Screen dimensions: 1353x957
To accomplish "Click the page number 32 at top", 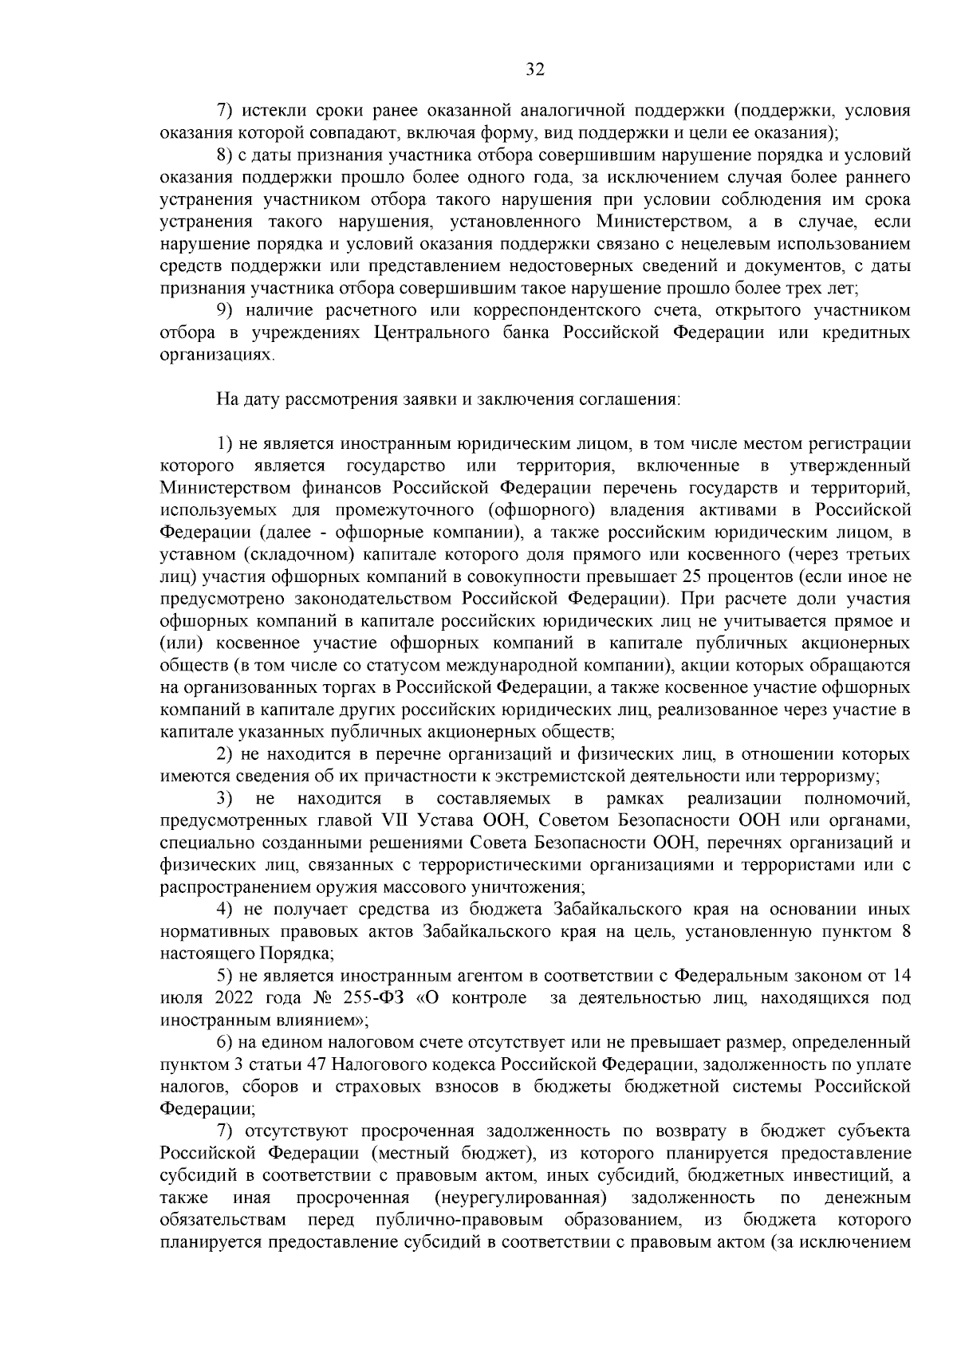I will [534, 70].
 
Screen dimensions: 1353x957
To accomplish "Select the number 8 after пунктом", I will [905, 930].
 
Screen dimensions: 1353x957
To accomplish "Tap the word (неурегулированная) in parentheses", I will [520, 1198].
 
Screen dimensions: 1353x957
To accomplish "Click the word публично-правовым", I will [459, 1220].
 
